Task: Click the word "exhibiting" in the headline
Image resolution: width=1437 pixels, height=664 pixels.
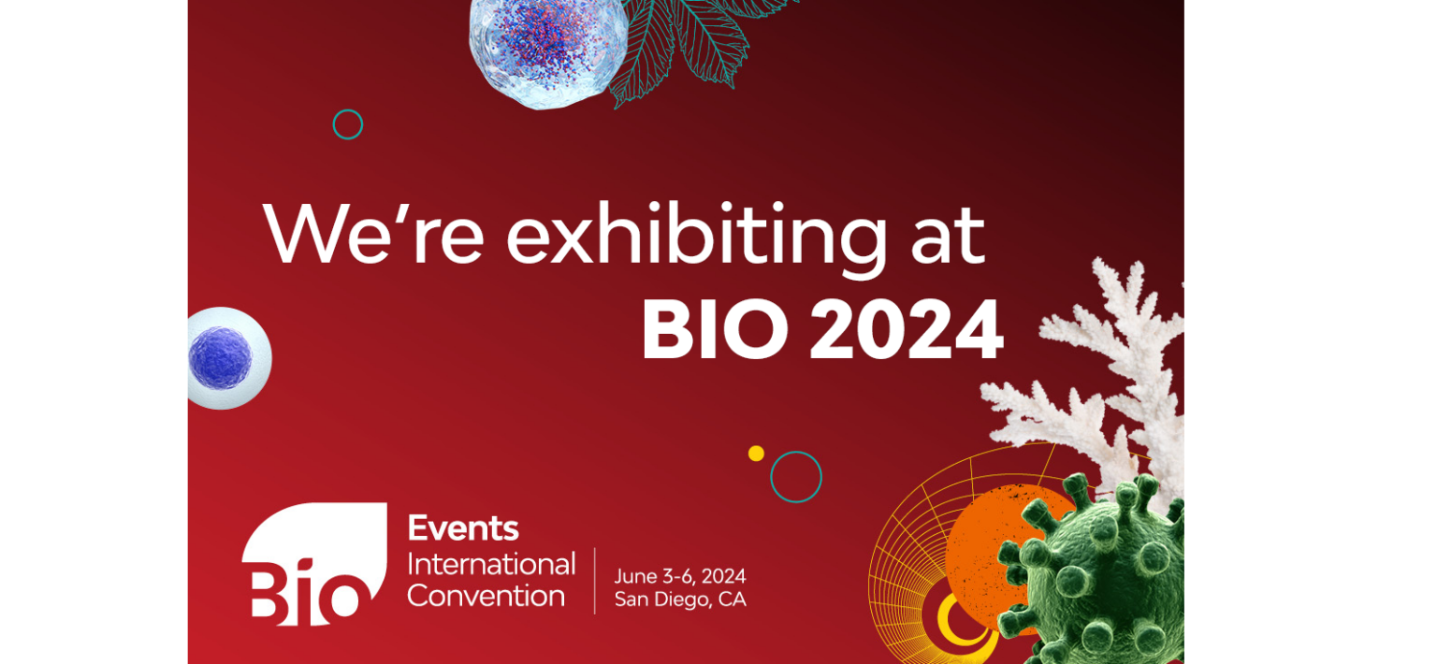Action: (697, 238)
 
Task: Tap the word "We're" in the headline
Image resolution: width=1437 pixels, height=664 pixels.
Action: (373, 234)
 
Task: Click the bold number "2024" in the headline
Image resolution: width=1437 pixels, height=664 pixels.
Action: (907, 329)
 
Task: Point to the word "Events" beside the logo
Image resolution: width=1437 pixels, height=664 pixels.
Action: (463, 528)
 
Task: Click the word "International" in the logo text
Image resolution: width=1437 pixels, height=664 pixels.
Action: (491, 565)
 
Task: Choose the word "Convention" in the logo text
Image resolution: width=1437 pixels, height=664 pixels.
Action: (486, 596)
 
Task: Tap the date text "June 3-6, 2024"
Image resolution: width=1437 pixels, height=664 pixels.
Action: (680, 576)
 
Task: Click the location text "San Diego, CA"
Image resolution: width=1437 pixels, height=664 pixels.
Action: (680, 599)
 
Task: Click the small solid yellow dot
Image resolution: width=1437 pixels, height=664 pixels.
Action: (756, 454)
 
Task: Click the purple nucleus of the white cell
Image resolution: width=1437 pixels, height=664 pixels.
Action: (220, 358)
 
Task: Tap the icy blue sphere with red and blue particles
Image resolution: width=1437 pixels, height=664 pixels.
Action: (548, 51)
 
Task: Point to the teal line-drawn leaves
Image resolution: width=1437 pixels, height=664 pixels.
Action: (693, 45)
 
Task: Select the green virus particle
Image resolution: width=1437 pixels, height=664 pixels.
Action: (1097, 571)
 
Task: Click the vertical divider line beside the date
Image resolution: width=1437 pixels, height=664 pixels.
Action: (595, 581)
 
